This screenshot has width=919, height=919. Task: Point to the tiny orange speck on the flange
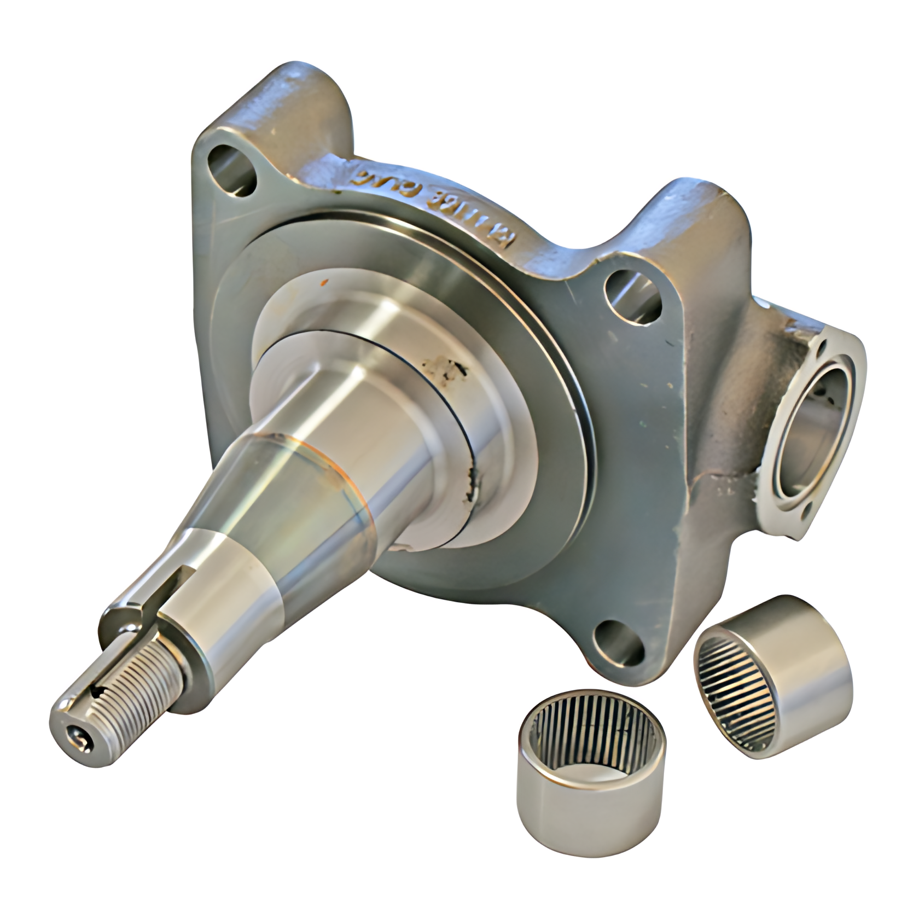pos(325,283)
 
